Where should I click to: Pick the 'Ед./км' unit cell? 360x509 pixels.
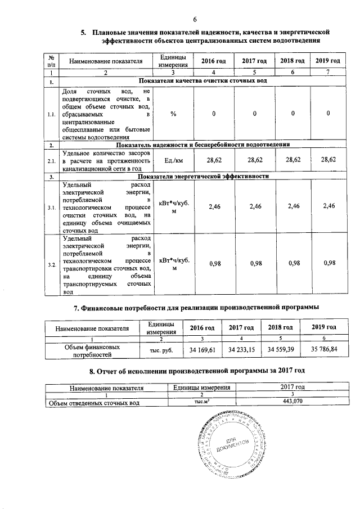point(173,160)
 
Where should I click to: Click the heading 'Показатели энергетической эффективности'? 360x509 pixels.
point(206,177)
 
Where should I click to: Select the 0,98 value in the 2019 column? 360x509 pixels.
point(326,264)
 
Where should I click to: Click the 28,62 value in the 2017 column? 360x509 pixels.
point(254,160)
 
